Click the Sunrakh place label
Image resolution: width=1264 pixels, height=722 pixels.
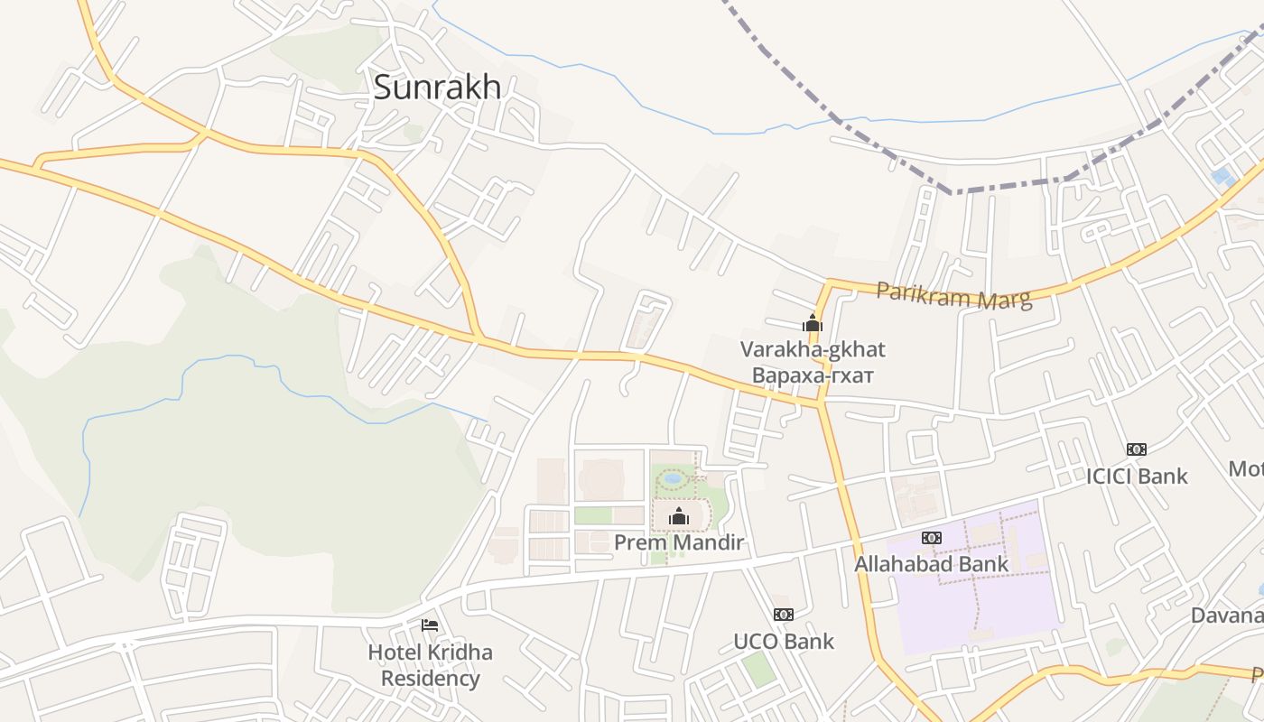click(437, 88)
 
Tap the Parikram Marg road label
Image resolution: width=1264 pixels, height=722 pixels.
click(953, 295)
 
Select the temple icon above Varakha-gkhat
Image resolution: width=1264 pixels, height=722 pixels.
click(813, 323)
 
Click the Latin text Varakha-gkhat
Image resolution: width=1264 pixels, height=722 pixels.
click(813, 349)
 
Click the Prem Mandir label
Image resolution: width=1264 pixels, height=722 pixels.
click(679, 542)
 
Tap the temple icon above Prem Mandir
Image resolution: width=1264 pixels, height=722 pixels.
click(679, 516)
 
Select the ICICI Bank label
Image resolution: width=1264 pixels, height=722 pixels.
click(1137, 476)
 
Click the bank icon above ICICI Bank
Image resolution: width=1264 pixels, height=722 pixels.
click(1137, 449)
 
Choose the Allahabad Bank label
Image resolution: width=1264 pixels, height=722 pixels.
click(932, 564)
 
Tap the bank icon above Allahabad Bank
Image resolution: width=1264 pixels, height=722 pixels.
click(932, 538)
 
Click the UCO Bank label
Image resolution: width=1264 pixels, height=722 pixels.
click(784, 642)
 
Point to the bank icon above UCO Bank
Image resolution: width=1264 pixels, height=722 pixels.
click(784, 615)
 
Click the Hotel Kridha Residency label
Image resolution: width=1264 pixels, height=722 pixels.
click(430, 665)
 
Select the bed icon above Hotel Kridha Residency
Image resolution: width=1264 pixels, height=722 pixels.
click(430, 625)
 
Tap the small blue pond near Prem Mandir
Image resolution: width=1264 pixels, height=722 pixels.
click(673, 478)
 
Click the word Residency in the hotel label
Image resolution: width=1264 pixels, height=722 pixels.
click(430, 679)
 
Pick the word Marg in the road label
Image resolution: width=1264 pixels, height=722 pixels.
click(1005, 299)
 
